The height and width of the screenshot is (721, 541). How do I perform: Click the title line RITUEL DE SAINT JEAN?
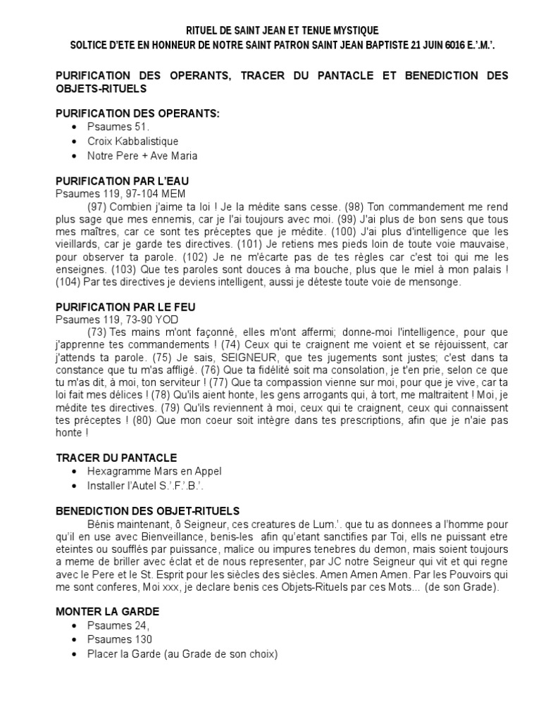pyautogui.click(x=282, y=30)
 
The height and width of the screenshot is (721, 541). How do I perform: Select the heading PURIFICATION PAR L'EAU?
pyautogui.click(x=123, y=181)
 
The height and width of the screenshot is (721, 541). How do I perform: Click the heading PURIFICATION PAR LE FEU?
pyautogui.click(x=125, y=307)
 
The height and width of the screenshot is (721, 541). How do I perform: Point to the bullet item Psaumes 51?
pyautogui.click(x=119, y=127)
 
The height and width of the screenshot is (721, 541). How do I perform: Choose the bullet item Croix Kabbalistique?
pyautogui.click(x=133, y=141)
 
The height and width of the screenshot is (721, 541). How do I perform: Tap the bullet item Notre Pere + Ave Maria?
pyautogui.click(x=142, y=156)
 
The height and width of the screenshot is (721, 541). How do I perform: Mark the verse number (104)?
pyautogui.click(x=69, y=282)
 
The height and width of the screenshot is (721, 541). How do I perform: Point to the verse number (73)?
pyautogui.click(x=98, y=332)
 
